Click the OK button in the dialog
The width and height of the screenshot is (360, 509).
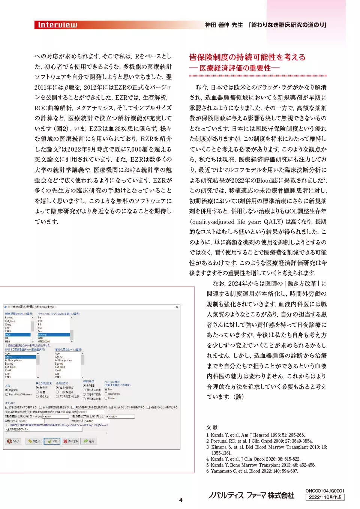(x=52, y=441)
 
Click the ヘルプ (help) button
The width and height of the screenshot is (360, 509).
(x=13, y=441)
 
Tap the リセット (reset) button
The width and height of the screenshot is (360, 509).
(x=34, y=441)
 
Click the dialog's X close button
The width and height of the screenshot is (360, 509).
(x=177, y=307)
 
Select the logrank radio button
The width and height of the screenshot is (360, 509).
(x=7, y=390)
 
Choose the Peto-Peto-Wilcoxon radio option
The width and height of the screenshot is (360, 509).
(x=7, y=395)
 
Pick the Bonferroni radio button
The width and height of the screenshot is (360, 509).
(x=106, y=394)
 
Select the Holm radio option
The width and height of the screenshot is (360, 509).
(x=106, y=398)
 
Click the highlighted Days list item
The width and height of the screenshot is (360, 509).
(x=17, y=335)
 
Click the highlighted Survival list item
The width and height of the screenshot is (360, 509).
(x=53, y=335)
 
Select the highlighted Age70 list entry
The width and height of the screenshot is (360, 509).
(x=20, y=357)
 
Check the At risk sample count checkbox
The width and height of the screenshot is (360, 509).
(x=111, y=407)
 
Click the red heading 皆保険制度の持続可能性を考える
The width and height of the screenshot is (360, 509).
(x=247, y=57)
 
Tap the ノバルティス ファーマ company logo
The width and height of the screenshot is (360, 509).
(x=251, y=495)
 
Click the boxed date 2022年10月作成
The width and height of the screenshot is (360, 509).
(x=325, y=497)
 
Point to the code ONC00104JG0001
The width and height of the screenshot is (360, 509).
(x=325, y=491)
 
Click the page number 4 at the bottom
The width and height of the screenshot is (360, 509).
(x=180, y=500)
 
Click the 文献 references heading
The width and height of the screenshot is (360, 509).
(x=212, y=427)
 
